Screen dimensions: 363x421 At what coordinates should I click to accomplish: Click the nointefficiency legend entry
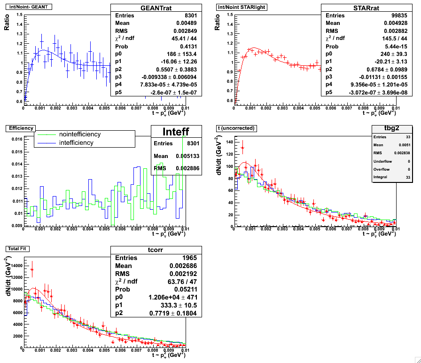coord(79,134)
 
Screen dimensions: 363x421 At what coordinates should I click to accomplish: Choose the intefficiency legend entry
coord(76,142)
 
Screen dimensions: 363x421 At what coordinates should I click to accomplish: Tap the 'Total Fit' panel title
coord(17,248)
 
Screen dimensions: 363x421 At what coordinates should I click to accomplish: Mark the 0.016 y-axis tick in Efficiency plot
coord(15,139)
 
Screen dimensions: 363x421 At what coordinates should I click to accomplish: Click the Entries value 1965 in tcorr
coord(190,258)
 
